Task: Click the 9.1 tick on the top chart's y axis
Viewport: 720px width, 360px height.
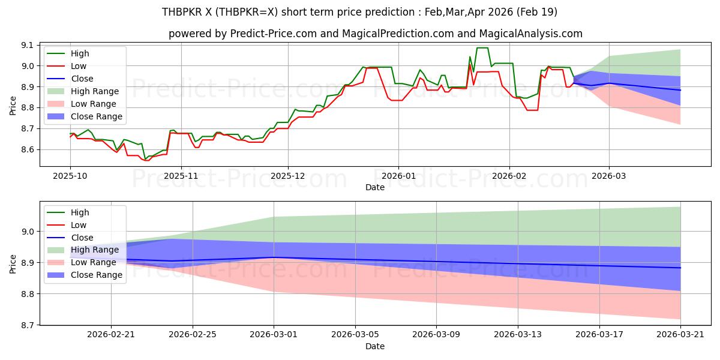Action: pyautogui.click(x=27, y=45)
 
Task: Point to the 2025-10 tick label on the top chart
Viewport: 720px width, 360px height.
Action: pyautogui.click(x=70, y=176)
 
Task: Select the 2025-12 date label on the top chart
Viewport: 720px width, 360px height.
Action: pyautogui.click(x=288, y=176)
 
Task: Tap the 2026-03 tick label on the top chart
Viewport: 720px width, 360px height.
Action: pyautogui.click(x=609, y=176)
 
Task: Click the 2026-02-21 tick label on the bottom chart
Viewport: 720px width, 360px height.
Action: pyautogui.click(x=111, y=335)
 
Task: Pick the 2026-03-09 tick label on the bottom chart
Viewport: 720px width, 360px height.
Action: pyautogui.click(x=436, y=335)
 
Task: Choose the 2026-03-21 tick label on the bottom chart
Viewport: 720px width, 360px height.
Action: pyautogui.click(x=680, y=335)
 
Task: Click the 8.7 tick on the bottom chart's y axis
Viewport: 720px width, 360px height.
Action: pyautogui.click(x=27, y=325)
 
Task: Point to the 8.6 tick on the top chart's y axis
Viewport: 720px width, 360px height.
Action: pyautogui.click(x=27, y=150)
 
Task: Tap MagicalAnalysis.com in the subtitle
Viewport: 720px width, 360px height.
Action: pyautogui.click(x=530, y=34)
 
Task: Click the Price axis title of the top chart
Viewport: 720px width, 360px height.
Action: pyautogui.click(x=13, y=106)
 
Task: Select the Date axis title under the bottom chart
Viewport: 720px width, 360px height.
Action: pyautogui.click(x=375, y=346)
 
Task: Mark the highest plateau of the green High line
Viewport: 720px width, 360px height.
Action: pyautogui.click(x=482, y=48)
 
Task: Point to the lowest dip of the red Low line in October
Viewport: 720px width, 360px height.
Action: pyautogui.click(x=146, y=160)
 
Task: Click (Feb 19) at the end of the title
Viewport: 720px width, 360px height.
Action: pyautogui.click(x=537, y=12)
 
